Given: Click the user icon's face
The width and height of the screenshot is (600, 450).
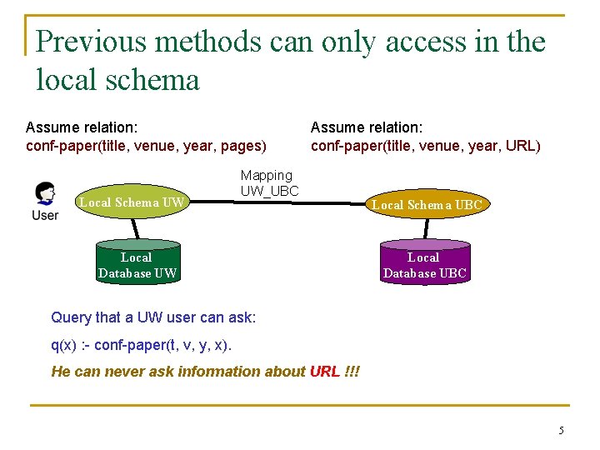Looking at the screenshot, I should point(46,193).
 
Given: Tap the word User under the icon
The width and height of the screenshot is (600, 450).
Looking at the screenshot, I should point(45,215).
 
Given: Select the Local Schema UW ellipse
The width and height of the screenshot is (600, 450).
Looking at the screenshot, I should point(131,202).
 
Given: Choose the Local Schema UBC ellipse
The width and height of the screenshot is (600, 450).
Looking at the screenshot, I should point(426,204).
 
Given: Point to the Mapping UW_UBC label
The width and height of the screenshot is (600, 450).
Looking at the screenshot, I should point(268,183).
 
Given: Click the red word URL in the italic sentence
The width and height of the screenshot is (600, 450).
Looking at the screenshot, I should point(324,371).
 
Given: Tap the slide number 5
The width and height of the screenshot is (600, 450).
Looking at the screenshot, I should point(561,431).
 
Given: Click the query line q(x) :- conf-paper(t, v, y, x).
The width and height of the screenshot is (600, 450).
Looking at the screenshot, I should point(142,345).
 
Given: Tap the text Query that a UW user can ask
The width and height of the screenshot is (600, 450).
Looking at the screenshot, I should point(153,317).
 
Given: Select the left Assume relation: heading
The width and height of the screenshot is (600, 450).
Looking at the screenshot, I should point(82,127).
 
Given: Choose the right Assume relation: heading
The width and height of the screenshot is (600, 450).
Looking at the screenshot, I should point(367,127).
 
